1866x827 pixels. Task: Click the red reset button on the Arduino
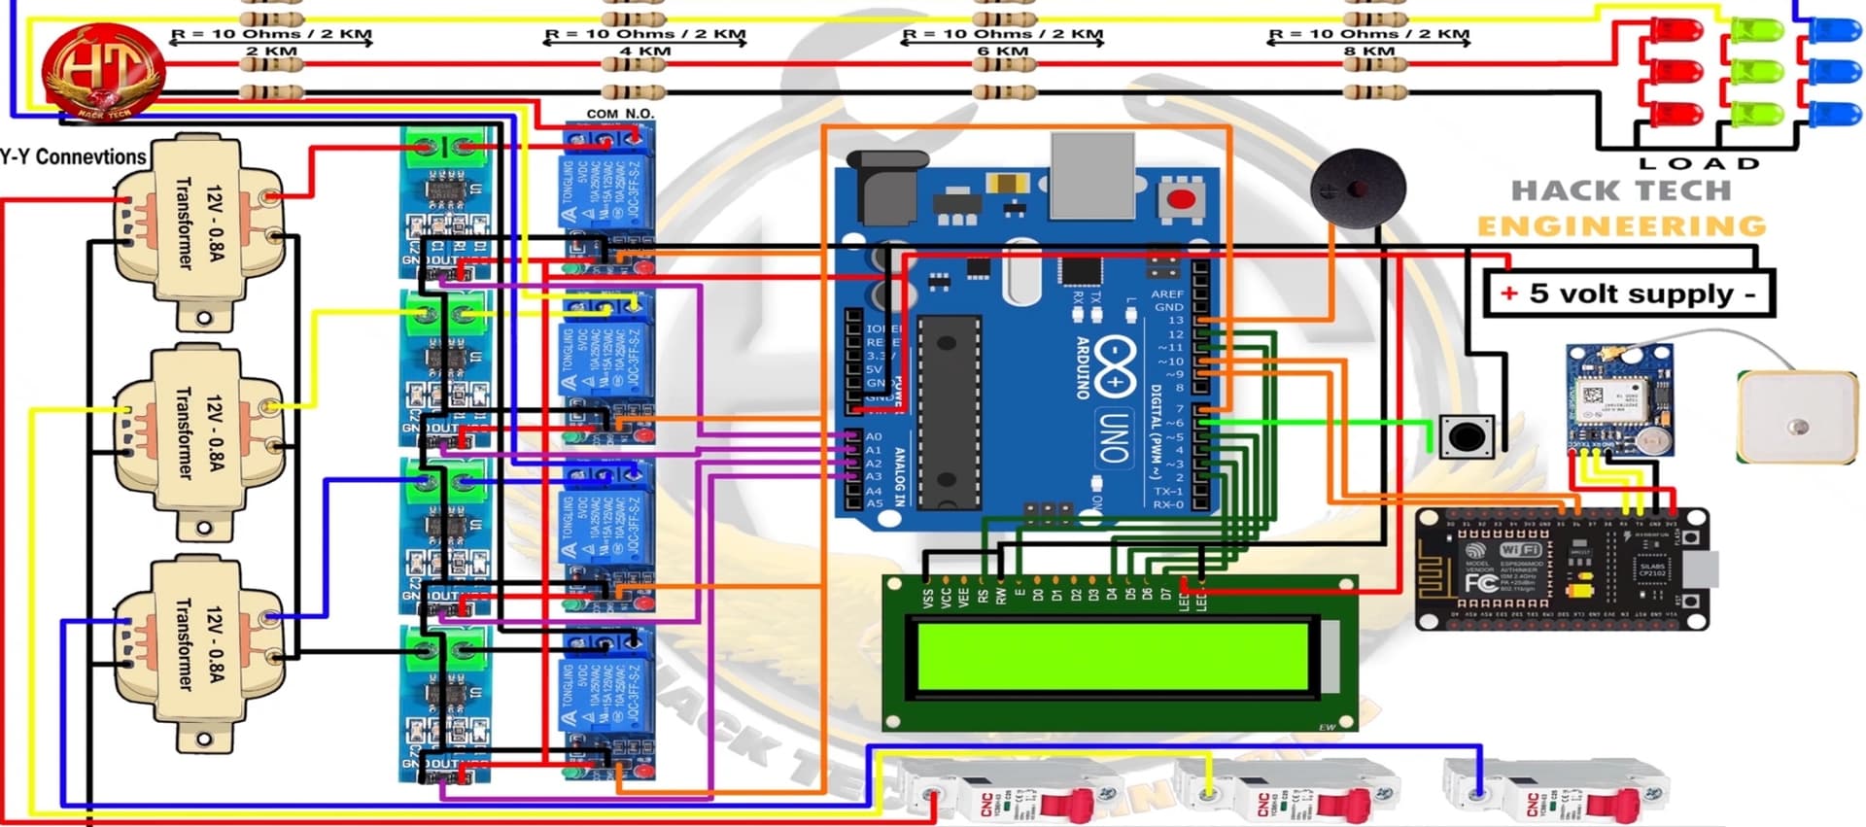click(1181, 200)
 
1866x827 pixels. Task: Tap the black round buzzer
click(1357, 188)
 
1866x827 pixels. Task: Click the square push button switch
click(1466, 435)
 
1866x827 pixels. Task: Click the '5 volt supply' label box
click(1630, 293)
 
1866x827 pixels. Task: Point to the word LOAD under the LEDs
click(1699, 163)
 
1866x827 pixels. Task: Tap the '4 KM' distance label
click(644, 51)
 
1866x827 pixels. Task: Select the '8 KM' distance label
click(1368, 51)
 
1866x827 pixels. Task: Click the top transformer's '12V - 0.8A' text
click(215, 223)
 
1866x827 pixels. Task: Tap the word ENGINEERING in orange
click(1621, 225)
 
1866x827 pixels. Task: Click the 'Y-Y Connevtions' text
click(73, 156)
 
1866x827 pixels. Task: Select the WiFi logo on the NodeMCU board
click(1519, 550)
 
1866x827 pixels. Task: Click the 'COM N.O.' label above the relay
click(619, 114)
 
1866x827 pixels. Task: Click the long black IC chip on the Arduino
click(949, 410)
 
